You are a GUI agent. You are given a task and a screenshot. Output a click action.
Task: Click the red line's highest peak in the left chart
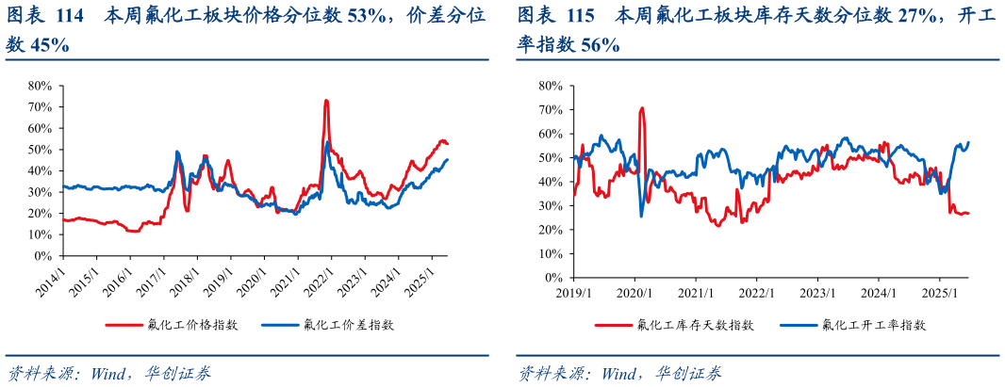pyautogui.click(x=326, y=100)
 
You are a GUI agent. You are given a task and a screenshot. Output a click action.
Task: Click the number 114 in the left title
pyautogui.click(x=71, y=16)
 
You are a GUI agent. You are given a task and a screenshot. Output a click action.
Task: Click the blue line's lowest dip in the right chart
pyautogui.click(x=642, y=217)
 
